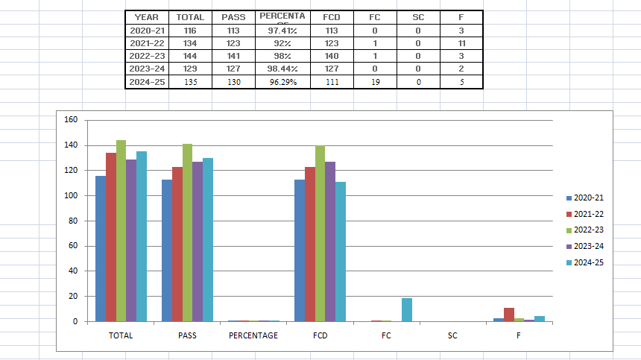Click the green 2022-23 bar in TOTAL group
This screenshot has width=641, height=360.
click(121, 231)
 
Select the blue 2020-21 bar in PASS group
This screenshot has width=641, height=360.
click(167, 250)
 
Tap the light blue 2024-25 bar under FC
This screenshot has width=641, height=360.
click(406, 310)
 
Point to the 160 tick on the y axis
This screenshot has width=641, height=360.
click(72, 120)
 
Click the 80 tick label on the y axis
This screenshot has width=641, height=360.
click(73, 221)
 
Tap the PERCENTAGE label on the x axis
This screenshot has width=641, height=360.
click(253, 335)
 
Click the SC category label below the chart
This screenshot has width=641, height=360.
click(452, 335)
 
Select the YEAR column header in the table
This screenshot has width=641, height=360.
click(146, 16)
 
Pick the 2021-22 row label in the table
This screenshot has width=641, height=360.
click(147, 44)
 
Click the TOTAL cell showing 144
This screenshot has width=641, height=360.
click(189, 57)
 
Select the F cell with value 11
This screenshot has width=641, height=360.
click(462, 44)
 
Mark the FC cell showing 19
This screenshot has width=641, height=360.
click(375, 82)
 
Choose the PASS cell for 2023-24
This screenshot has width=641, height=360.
click(233, 69)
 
